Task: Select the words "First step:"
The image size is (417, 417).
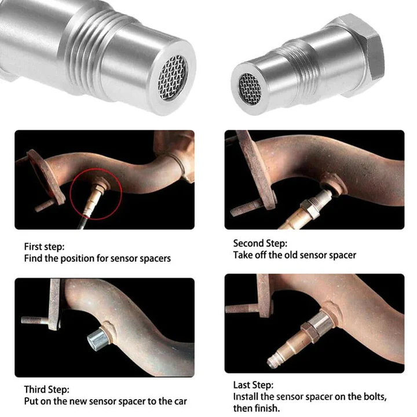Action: (44, 246)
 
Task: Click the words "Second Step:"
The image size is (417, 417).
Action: (260, 243)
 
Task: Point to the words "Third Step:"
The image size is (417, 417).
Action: (46, 389)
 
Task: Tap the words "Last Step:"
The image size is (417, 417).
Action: (253, 385)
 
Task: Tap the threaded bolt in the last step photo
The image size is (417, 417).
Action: (240, 309)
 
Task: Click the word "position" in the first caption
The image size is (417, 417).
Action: (79, 258)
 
